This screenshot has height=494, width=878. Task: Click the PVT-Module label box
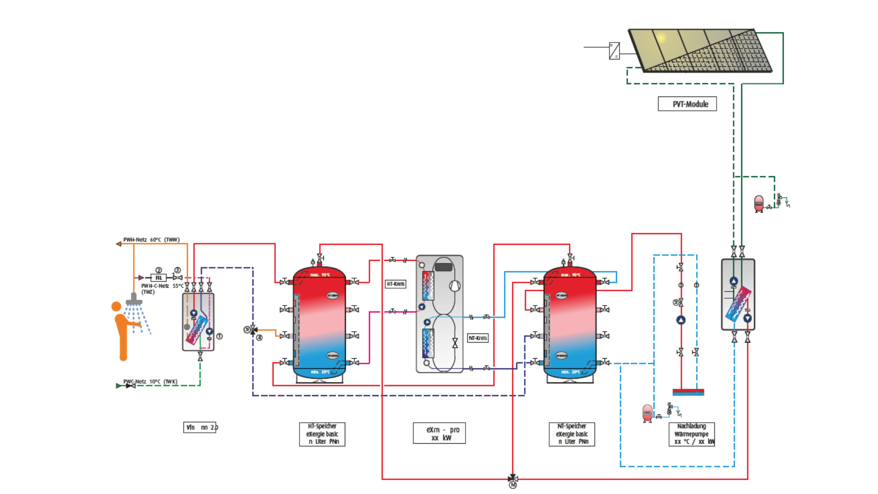point(687,104)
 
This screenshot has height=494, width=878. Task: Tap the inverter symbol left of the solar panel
point(614,51)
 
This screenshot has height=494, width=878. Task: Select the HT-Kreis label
point(396,284)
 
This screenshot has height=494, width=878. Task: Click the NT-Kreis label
point(478,338)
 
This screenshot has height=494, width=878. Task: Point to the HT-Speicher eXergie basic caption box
point(322,434)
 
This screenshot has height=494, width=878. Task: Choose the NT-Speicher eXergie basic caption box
point(572,434)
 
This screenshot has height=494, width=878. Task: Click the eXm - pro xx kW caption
point(439,433)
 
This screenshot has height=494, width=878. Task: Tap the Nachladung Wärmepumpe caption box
point(691,434)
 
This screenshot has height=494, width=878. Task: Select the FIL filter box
point(159,278)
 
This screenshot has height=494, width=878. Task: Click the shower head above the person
point(134,300)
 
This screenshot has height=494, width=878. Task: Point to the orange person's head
point(117,306)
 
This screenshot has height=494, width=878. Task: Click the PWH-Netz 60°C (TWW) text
point(151,240)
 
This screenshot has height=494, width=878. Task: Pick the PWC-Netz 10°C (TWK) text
point(150,381)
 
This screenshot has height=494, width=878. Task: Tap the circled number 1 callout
point(219,336)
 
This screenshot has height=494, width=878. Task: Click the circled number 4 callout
point(259,338)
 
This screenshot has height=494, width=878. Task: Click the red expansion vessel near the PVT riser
point(759,204)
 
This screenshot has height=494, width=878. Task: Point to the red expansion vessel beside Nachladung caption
point(648,413)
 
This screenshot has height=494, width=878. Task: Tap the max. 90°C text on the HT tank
point(320,275)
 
